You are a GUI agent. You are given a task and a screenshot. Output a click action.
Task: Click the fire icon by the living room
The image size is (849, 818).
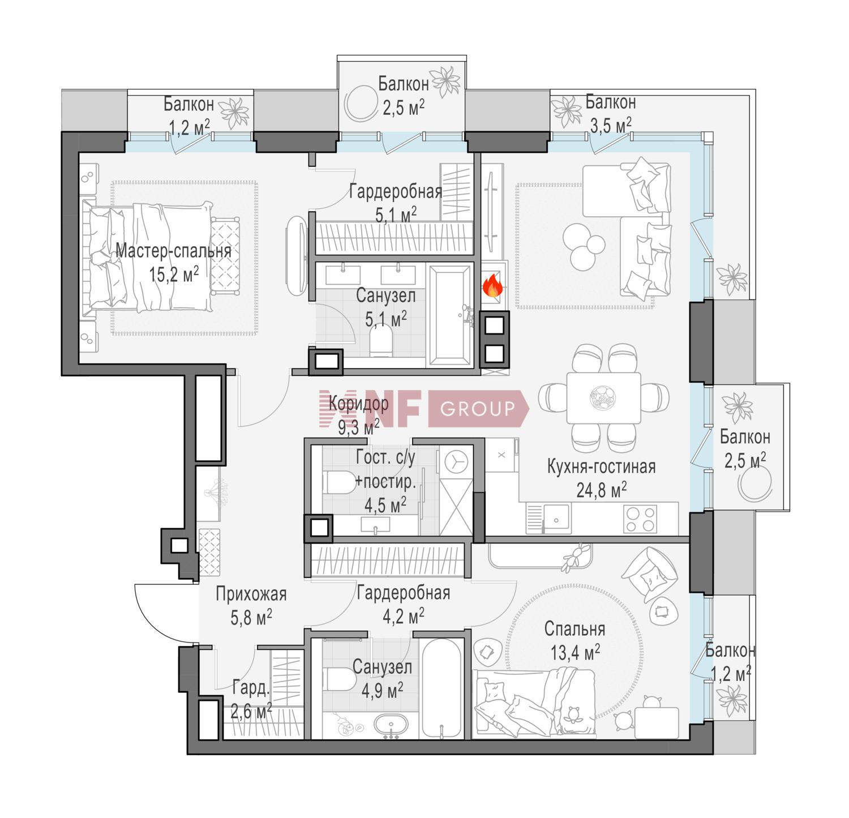click(x=492, y=285)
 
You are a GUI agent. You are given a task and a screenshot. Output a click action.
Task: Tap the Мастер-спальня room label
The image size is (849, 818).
click(x=173, y=251)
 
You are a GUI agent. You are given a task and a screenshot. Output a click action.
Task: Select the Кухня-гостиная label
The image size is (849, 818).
click(x=601, y=467)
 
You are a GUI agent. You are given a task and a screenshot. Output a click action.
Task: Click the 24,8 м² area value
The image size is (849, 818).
click(x=601, y=490)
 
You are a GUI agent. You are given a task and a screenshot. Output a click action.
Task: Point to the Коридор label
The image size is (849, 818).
click(x=359, y=404)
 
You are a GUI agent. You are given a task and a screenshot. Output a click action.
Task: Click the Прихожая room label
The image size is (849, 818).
click(x=251, y=594)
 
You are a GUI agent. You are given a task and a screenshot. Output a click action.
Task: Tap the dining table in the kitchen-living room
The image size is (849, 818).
click(x=603, y=398)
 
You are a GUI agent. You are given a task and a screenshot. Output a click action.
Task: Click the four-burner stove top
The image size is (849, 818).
click(x=640, y=518)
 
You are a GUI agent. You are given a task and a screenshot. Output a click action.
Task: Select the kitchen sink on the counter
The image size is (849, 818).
click(x=557, y=518)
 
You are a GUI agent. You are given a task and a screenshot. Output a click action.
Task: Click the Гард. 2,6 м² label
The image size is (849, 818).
click(x=251, y=700)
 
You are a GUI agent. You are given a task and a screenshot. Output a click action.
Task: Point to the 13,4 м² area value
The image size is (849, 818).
click(x=575, y=652)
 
